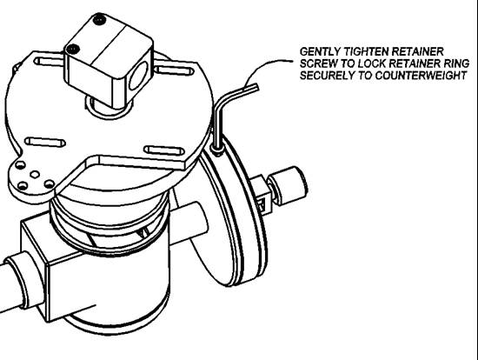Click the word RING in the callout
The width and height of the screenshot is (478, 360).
click(455, 63)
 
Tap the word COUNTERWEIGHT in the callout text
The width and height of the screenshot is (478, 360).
click(421, 76)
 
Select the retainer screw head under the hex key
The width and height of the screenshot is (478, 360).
click(217, 150)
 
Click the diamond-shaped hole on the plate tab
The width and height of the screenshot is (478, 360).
click(35, 175)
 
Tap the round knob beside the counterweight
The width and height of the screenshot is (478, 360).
click(288, 185)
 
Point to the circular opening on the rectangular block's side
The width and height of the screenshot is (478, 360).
click(137, 75)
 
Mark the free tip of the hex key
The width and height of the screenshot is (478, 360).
click(257, 88)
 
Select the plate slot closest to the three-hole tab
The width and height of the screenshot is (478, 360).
click(45, 142)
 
